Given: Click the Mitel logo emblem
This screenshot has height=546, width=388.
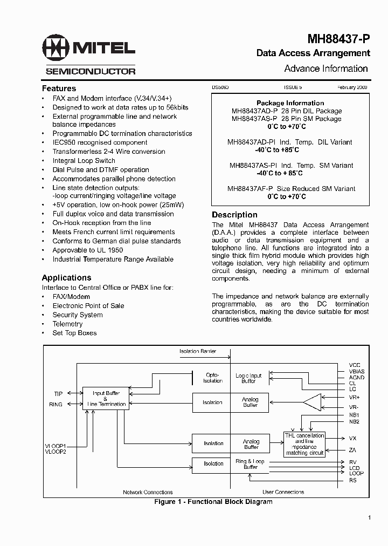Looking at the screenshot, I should [56, 48].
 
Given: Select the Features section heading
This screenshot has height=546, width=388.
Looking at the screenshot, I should [59, 88].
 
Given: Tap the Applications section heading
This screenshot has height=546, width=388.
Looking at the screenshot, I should [66, 277].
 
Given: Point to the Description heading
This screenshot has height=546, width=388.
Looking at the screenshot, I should [234, 215].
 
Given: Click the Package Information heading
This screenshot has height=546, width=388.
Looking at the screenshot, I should [290, 103].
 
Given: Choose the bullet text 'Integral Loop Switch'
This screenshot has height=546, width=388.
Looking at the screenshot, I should [84, 160].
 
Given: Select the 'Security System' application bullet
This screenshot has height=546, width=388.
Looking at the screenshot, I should [78, 315].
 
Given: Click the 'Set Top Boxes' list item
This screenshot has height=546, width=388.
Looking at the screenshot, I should [74, 333].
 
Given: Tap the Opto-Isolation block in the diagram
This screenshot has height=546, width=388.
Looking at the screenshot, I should [213, 378].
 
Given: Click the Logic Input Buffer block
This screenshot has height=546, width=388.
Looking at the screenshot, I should [249, 378].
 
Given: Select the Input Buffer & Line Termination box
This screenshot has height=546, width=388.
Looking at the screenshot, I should [106, 399].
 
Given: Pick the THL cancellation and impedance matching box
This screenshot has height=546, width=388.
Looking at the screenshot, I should [304, 444].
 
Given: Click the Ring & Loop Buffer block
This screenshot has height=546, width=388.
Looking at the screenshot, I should [250, 464].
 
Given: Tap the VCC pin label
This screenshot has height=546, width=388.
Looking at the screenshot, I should [354, 365].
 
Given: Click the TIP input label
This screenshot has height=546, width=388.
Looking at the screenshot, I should [58, 393].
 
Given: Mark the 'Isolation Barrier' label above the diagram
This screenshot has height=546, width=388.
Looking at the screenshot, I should [198, 351].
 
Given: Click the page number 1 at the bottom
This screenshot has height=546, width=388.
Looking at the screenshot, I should [369, 518].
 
